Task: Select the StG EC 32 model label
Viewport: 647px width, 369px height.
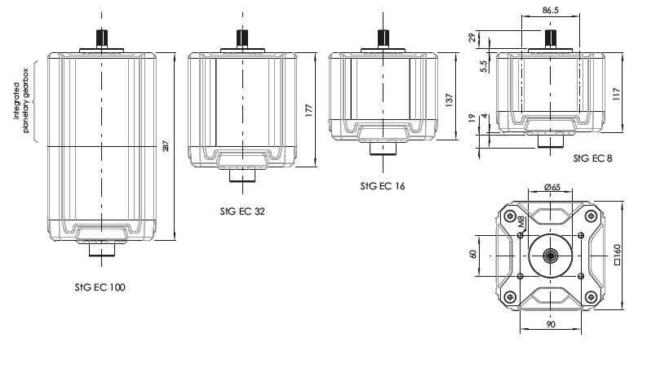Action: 242,210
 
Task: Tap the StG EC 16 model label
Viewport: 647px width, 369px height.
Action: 381,185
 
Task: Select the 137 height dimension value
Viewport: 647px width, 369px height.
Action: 449,96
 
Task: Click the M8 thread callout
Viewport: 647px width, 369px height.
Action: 521,222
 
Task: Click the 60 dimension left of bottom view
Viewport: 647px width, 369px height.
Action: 473,255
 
